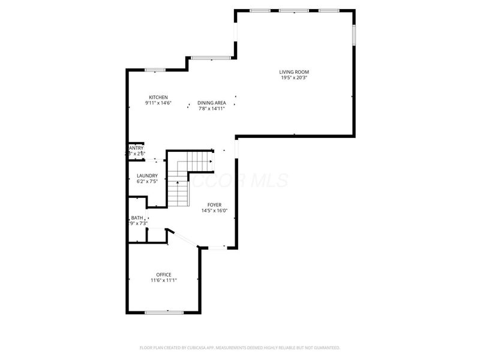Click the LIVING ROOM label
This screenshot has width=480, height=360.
pos(294,72)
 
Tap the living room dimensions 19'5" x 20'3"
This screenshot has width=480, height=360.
pos(294,78)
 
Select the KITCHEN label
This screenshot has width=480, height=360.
pos(158,97)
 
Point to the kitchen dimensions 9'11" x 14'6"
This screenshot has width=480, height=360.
pos(158,103)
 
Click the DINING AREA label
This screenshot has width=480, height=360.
pos(212,103)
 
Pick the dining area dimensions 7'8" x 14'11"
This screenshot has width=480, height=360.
pos(212,109)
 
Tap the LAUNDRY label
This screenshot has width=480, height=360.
pos(147,175)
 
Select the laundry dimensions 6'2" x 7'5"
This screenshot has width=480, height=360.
pos(147,181)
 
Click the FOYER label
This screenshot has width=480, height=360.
pos(215,205)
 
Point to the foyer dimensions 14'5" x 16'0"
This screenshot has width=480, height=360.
pos(215,211)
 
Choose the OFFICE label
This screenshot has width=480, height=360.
pos(164,275)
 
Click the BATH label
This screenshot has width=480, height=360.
pos(137,218)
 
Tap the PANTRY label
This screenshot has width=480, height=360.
pos(136,148)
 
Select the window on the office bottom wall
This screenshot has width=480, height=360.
pos(164,311)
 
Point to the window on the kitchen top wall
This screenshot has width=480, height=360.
pos(155,70)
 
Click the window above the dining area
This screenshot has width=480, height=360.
pos(211,58)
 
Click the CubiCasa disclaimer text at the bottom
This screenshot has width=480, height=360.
pos(240,347)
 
